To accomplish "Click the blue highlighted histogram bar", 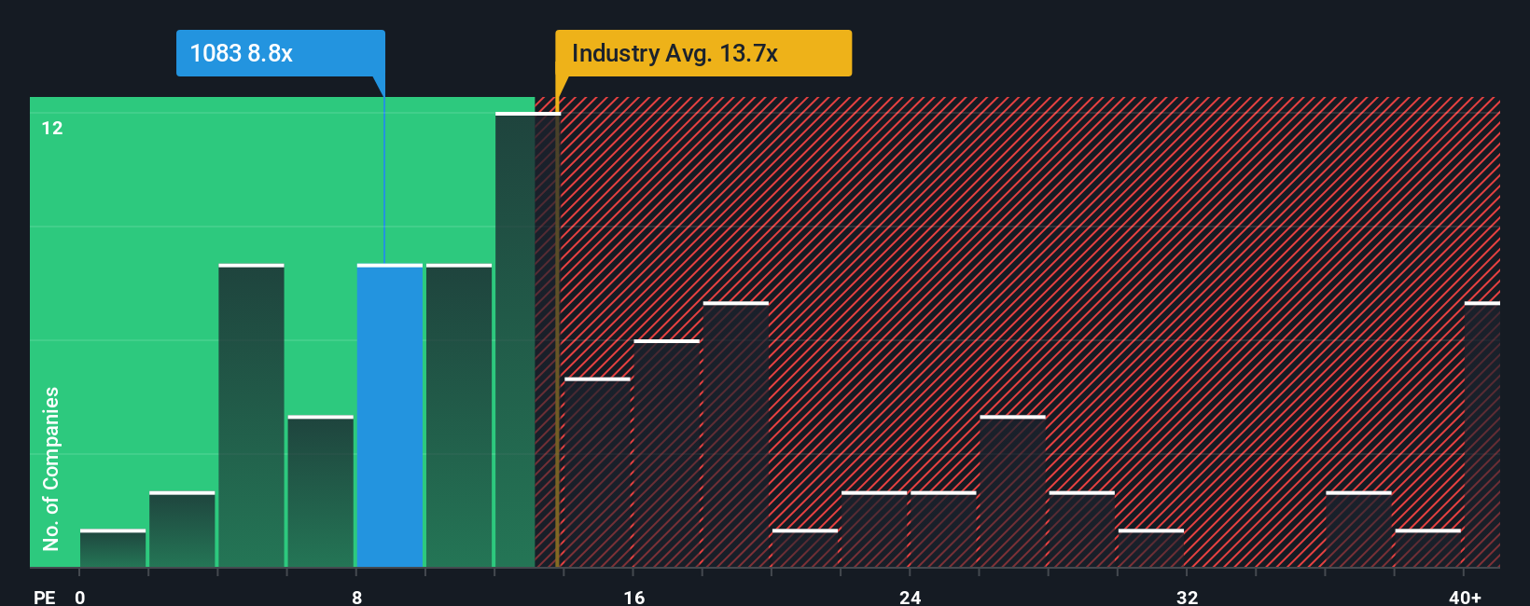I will coord(390,416).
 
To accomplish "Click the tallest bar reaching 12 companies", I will coord(515,340).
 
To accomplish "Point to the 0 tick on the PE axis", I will coord(80,597).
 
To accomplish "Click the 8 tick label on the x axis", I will coord(357,597).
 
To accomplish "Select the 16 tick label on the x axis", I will coord(634,597).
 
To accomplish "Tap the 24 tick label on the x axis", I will coord(911,597).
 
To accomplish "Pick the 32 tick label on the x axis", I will coord(1187,597).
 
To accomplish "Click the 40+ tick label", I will coord(1465,597).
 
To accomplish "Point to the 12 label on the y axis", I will coord(52,128).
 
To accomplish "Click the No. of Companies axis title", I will coord(51,468).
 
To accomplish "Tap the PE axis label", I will coord(44,597).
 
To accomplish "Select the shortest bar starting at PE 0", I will coord(113,548).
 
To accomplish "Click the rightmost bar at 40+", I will coord(1481,434).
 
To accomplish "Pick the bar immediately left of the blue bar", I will coord(321,491).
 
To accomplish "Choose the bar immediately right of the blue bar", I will coord(459,416).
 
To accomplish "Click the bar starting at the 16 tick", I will coord(667,453).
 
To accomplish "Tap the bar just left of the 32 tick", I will coord(1151,548).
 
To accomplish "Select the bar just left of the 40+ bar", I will coord(1427,548).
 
